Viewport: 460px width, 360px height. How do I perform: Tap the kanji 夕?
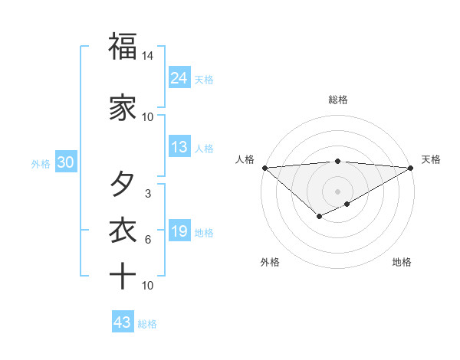123,184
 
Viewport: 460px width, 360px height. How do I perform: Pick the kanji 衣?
123,231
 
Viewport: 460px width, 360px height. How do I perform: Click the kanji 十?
123,276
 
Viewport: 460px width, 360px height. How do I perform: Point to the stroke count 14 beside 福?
148,56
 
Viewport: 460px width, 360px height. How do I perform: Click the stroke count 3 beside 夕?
148,194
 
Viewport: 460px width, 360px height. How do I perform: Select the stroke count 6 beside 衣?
148,240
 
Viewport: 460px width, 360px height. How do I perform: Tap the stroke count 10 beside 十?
148,286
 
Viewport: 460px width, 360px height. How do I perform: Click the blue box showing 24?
179,77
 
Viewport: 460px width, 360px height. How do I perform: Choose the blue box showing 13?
179,147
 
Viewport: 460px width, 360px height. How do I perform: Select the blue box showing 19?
179,231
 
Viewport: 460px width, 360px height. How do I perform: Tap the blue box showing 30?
65,162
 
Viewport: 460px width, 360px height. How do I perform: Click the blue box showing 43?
122,322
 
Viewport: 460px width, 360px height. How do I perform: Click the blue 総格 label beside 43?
147,324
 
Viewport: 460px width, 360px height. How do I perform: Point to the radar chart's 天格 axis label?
431,159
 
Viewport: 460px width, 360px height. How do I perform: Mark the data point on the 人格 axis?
264,168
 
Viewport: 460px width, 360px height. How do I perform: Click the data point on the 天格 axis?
411,168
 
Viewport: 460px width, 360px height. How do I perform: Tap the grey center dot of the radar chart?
338,191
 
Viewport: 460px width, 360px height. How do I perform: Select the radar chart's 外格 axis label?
270,262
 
